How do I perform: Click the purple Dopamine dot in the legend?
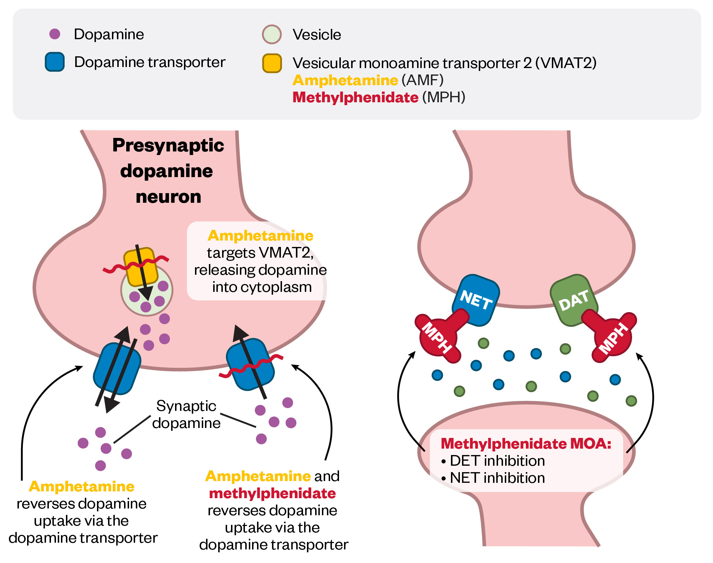55,34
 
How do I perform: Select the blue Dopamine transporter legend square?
55,62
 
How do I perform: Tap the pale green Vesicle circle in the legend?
272,34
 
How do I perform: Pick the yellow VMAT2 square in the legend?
272,63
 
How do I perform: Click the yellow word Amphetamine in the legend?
345,80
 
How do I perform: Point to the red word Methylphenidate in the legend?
355,97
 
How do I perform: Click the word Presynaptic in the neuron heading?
168,145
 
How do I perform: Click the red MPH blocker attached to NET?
438,336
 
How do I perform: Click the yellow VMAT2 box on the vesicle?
140,267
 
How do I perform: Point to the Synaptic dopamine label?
186,414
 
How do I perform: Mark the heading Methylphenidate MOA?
526,444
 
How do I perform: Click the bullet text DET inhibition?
497,461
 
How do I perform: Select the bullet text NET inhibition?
497,478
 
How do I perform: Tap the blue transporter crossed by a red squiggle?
250,364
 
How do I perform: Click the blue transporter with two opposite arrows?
117,369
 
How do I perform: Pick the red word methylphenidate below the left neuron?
272,494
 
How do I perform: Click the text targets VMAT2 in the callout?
260,253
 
